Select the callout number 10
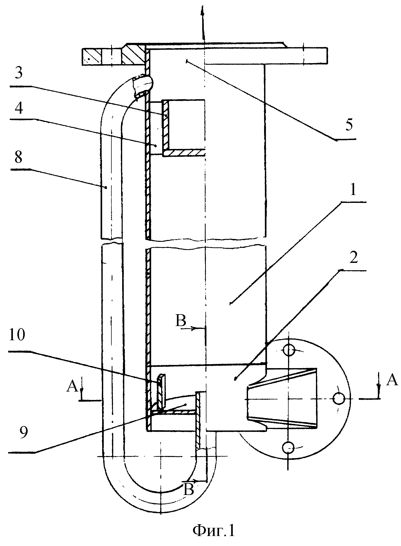coord(17,336)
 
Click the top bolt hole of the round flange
coord(289,350)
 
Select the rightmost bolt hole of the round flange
coord(339,399)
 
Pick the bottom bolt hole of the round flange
coord(289,447)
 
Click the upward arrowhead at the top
coord(202,11)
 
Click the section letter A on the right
coord(392,380)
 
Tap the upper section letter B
coord(181,321)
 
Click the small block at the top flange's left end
coord(91,57)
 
